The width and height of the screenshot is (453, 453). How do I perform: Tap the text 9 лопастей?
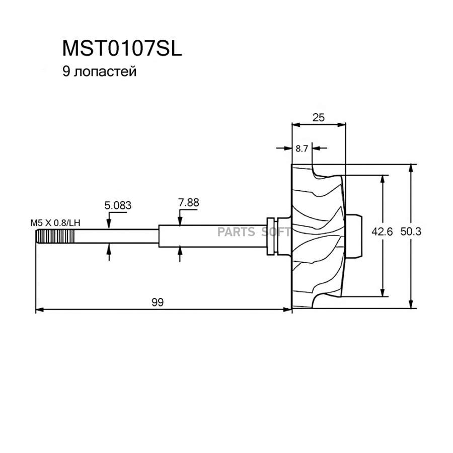99,71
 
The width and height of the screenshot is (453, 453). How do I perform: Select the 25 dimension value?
318,117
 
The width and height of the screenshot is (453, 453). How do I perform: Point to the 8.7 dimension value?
302,148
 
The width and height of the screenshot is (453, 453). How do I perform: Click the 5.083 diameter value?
117,205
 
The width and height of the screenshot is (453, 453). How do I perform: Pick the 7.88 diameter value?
188,202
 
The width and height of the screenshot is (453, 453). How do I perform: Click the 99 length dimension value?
157,302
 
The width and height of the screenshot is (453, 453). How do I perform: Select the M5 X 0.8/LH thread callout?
55,222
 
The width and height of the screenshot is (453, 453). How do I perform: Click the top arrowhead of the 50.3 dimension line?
412,168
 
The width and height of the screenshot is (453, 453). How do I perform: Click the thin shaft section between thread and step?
116,237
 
